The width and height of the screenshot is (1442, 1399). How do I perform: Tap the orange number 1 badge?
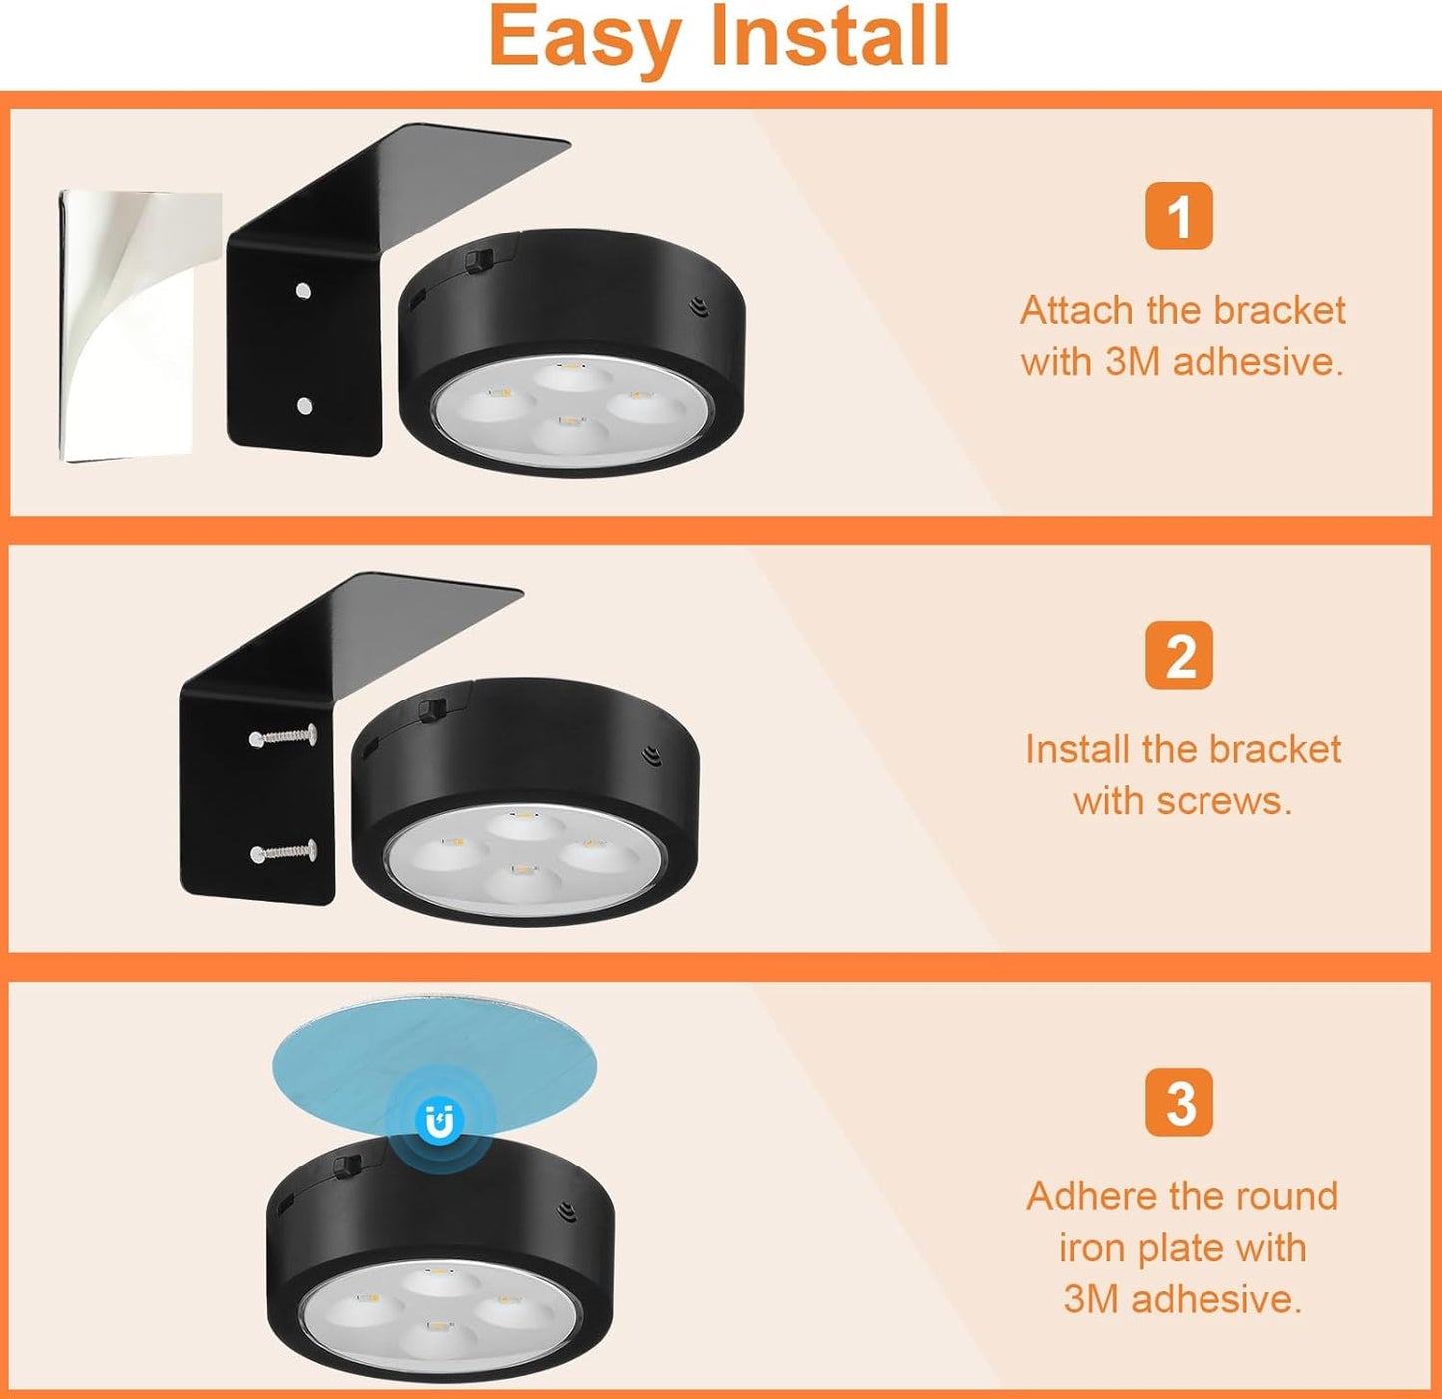click(x=1179, y=217)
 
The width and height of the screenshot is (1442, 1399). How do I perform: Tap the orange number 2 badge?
click(x=1179, y=656)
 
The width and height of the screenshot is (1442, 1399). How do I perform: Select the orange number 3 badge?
click(x=1179, y=1103)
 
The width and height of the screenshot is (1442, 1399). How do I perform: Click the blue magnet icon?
click(x=439, y=1122)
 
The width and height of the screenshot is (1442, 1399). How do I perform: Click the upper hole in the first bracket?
click(x=303, y=291)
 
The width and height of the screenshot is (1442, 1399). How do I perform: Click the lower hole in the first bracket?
click(x=305, y=405)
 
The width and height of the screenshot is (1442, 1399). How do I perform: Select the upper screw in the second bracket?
click(x=283, y=736)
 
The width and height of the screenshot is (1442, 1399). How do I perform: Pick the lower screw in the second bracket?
click(x=283, y=852)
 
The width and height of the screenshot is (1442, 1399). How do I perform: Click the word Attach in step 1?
click(x=1076, y=311)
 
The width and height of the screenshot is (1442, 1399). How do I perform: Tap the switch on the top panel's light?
click(x=478, y=259)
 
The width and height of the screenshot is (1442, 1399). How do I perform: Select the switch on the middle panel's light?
click(x=431, y=709)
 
